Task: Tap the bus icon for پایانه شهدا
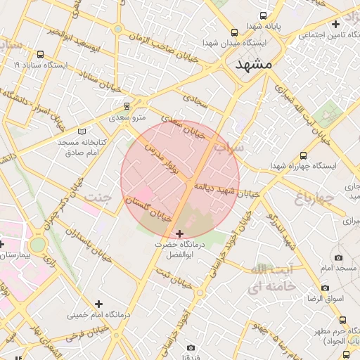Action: coord(264,15)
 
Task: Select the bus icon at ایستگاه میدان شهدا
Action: coord(234,32)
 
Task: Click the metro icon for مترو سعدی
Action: coord(127,106)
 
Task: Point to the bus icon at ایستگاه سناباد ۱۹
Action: coord(39,54)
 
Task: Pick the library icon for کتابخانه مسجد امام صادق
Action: coord(82,131)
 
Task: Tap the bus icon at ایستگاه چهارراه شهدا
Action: coord(303,155)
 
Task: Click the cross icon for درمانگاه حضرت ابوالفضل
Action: coord(179,233)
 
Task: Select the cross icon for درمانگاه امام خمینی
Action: coord(99,304)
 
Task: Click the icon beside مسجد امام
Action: coord(339,257)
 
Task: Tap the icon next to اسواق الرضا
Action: coord(325,288)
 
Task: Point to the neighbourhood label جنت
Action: coord(98,196)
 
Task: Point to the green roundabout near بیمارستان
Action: coord(38,244)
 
